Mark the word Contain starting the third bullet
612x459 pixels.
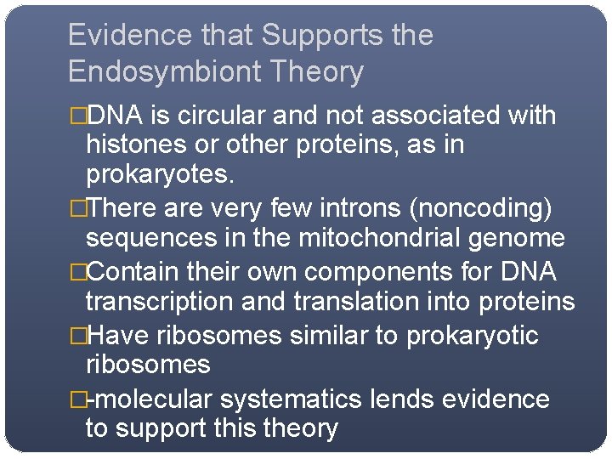coord(138,272)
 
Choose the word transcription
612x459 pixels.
coord(157,303)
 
